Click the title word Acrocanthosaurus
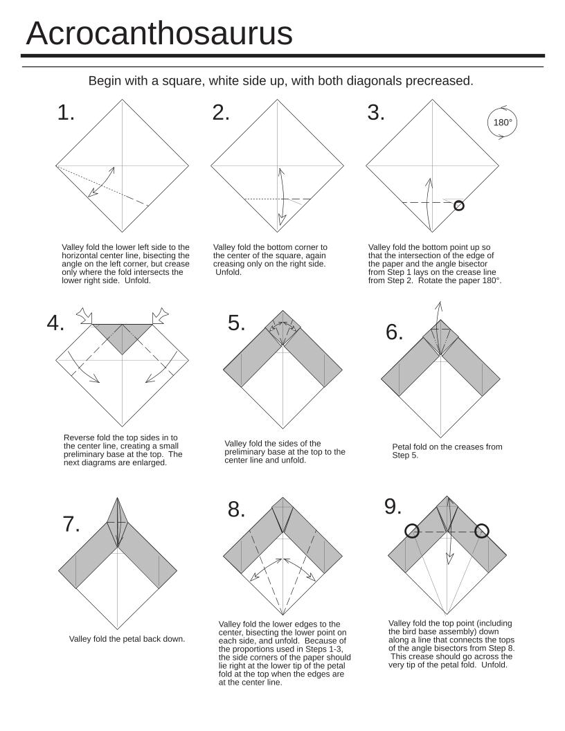coord(159,33)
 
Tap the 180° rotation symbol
coord(503,123)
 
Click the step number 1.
coord(66,113)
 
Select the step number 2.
coord(221,113)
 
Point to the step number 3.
coord(376,113)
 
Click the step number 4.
coord(56,323)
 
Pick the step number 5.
coord(237,323)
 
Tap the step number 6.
coord(395,332)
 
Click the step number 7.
coord(71,525)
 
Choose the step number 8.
coord(237,510)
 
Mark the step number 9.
coord(393,507)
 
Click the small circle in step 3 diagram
coord(458,206)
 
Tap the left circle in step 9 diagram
coord(412,531)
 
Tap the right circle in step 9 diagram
coord(482,531)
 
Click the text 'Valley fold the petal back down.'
coord(127,639)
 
